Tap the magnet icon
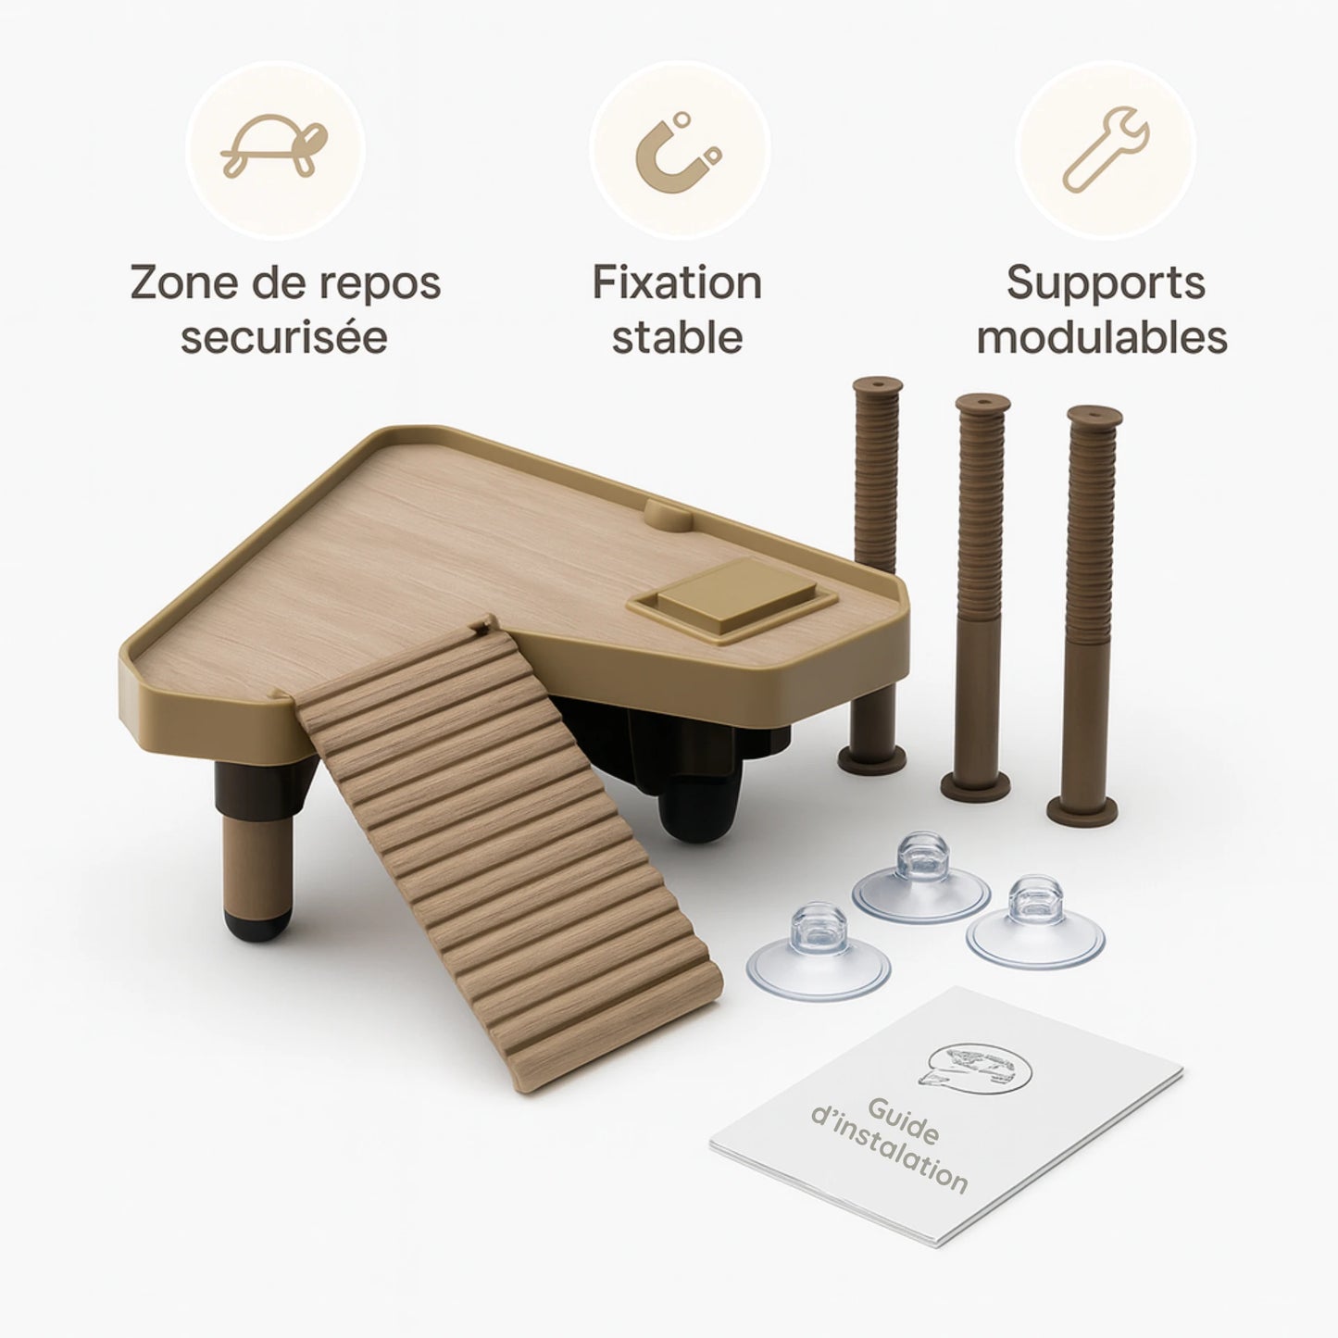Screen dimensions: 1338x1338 pos(677,154)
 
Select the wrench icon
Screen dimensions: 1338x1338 pos(1106,148)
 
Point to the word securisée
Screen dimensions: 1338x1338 pos(284,337)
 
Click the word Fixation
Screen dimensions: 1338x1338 pos(677,282)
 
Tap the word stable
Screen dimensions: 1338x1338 pos(677,337)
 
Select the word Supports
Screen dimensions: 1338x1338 pos(1106,284)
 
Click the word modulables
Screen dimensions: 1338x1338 pos(1102,337)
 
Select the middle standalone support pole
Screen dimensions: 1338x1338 pos(978,597)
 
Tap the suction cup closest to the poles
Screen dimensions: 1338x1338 pos(921,879)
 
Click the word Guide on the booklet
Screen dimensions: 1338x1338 pos(904,1119)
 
